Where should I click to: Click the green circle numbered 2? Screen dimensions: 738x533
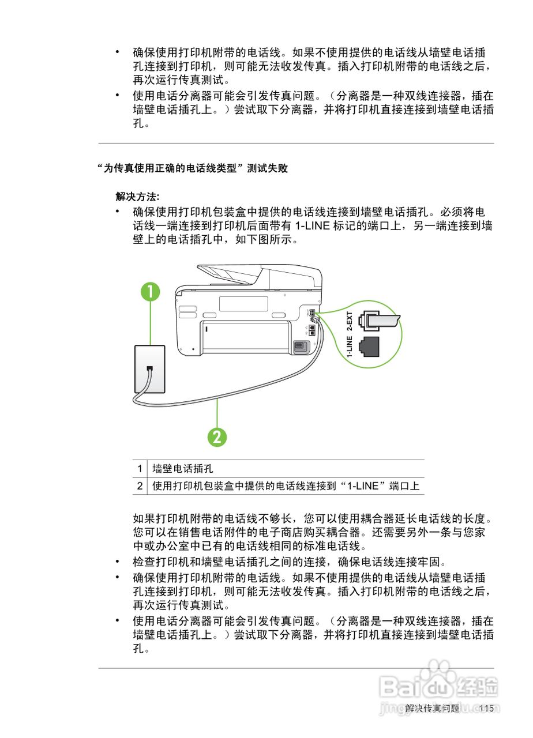tap(217, 436)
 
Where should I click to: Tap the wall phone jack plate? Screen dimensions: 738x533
tap(149, 368)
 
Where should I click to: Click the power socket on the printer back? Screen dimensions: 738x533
tap(299, 346)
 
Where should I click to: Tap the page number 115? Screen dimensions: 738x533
tap(486, 709)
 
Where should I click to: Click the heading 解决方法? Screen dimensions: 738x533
tap(138, 196)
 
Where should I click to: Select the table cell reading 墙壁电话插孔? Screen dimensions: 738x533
tap(183, 469)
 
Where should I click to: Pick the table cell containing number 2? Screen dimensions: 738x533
tap(140, 486)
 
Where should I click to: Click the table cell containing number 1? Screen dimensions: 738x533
tap(140, 469)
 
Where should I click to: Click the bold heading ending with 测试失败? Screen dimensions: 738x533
tap(193, 168)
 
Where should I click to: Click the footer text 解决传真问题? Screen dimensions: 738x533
tap(433, 709)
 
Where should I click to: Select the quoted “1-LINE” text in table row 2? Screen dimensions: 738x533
tap(362, 486)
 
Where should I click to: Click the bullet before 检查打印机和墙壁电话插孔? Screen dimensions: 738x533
tap(118, 561)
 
